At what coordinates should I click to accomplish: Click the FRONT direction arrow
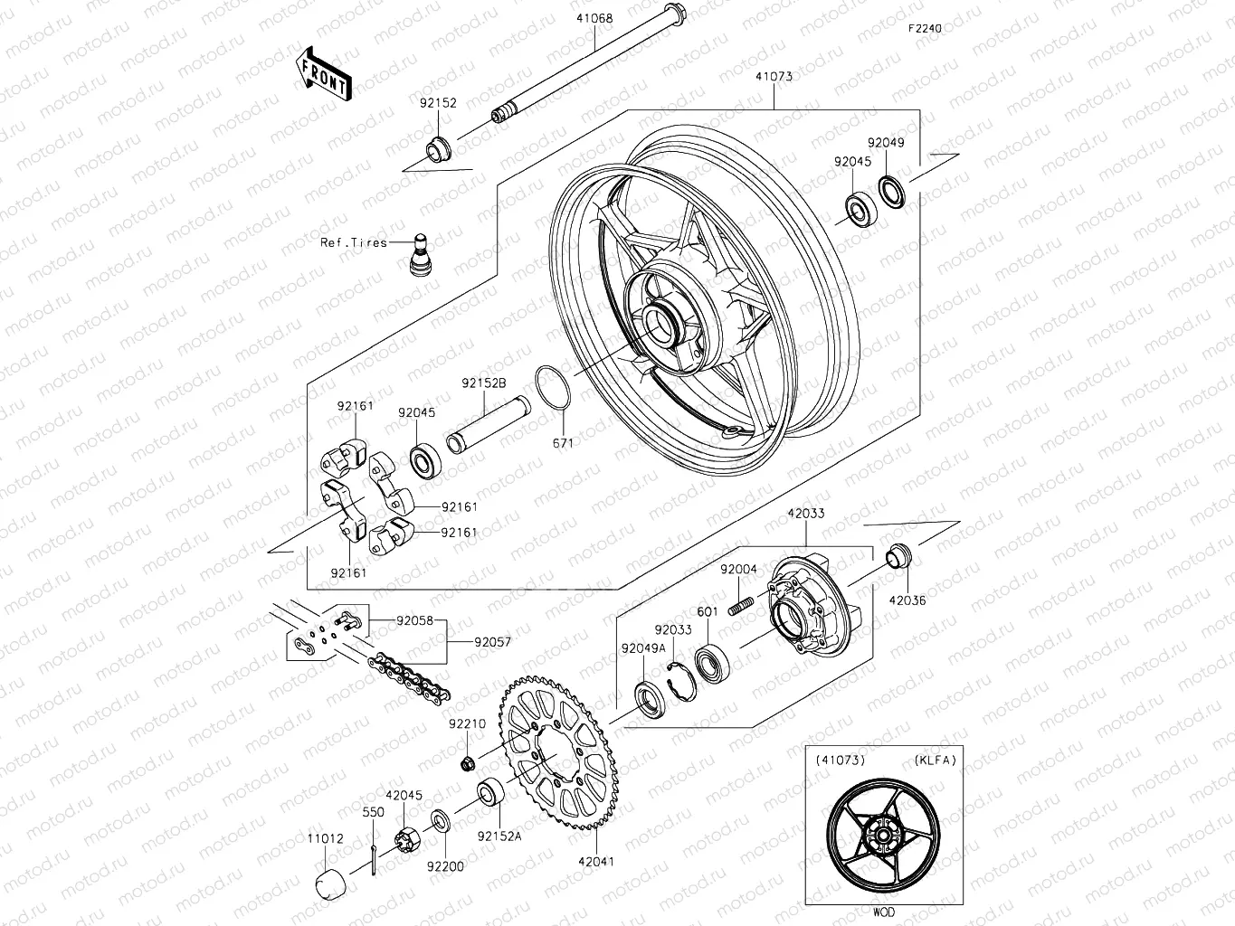click(x=323, y=73)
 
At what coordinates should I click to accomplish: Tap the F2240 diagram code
click(x=926, y=28)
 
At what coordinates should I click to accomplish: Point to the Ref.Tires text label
click(x=354, y=242)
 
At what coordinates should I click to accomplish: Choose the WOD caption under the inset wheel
click(x=883, y=912)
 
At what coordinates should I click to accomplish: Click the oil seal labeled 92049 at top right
click(x=891, y=191)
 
